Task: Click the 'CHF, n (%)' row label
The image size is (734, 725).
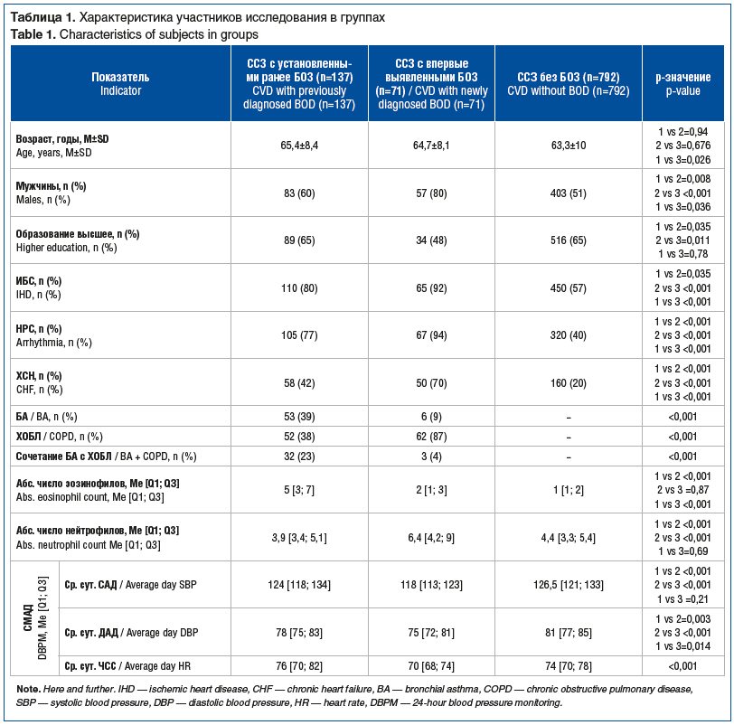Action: (39, 390)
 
